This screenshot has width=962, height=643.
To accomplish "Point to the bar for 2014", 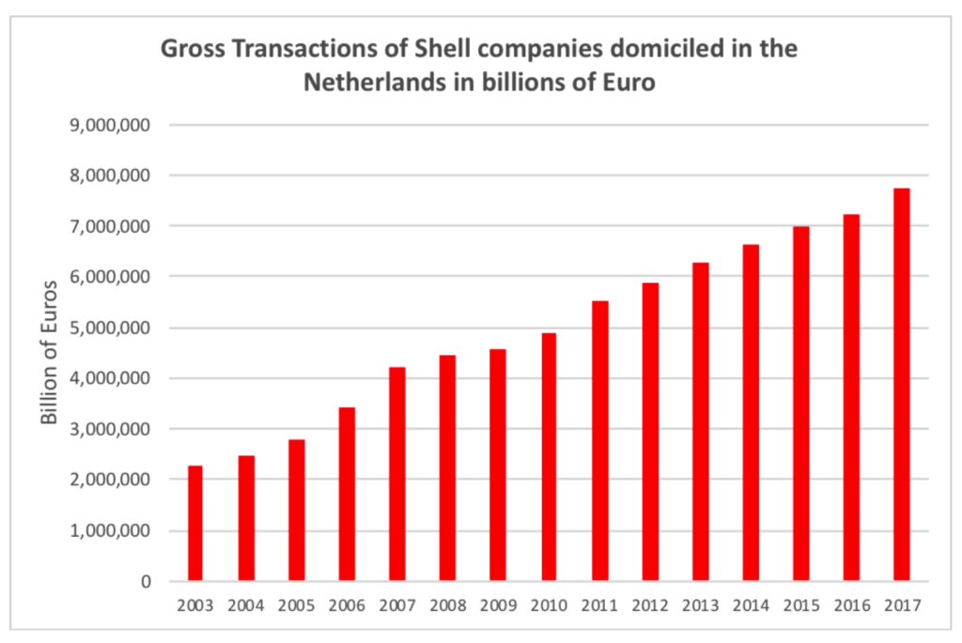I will tap(751, 412).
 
